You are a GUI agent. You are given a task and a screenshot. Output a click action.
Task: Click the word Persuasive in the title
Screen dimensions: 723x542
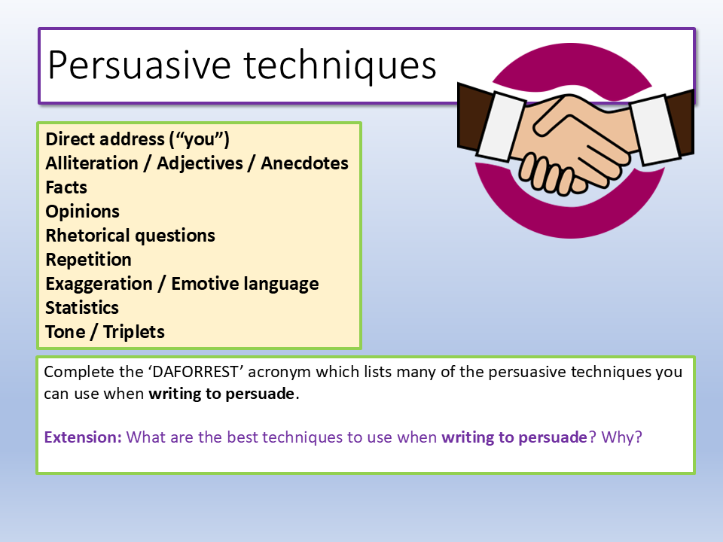point(139,65)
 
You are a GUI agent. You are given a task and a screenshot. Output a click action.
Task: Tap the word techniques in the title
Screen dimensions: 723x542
point(340,67)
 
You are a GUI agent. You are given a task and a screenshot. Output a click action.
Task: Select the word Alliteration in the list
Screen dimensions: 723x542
point(92,163)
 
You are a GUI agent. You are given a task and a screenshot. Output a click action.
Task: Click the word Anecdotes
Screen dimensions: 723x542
point(305,163)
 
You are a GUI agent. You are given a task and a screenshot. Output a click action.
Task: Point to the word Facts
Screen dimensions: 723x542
point(66,187)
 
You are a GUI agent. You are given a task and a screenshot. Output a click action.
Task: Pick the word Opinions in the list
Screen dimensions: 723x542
point(83,212)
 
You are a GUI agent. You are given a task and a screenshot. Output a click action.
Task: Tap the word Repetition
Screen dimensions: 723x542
point(89,260)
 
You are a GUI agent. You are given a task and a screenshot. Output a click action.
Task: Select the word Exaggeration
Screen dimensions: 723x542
point(99,284)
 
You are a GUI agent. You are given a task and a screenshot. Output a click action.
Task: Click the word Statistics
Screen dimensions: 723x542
point(82,308)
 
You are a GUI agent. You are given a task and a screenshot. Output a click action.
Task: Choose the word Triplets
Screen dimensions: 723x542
point(134,332)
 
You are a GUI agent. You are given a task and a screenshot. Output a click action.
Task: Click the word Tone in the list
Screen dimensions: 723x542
point(66,332)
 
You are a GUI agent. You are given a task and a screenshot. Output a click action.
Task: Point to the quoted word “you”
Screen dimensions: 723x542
point(199,139)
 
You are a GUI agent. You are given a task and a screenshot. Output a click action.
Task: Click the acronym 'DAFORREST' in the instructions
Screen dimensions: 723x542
point(196,372)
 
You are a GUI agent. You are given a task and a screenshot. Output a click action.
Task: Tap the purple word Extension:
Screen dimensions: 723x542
point(83,437)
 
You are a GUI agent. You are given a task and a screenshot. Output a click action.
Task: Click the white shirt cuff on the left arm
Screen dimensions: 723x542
point(501,126)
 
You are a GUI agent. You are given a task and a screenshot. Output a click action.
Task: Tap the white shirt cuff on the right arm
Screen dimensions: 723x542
point(654,130)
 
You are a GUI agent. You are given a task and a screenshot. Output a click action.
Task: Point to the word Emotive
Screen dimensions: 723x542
point(205,284)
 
